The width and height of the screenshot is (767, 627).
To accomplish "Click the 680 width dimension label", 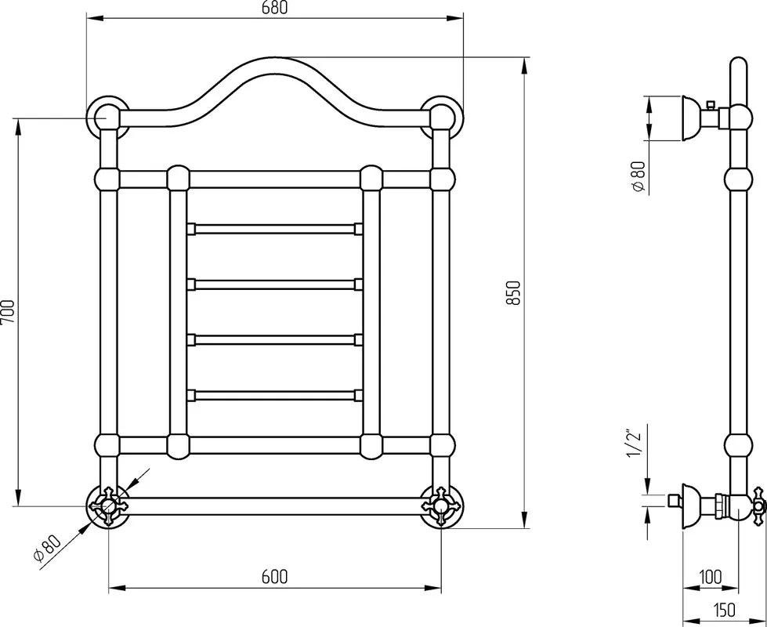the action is (274, 8).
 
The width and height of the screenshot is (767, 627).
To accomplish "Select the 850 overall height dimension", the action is (513, 293).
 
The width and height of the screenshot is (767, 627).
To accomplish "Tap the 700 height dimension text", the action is (9, 312).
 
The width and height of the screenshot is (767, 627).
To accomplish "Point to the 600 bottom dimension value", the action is (274, 577).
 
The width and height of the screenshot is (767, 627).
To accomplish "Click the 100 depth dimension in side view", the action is (711, 577).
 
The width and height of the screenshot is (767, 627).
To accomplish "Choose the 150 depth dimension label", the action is (723, 610).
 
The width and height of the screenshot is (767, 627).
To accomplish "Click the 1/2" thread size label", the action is (634, 444).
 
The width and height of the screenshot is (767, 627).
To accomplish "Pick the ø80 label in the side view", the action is (639, 176).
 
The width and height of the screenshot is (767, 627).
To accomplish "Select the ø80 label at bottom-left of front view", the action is (47, 548).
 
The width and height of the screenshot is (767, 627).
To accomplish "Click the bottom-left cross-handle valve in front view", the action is (109, 506).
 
